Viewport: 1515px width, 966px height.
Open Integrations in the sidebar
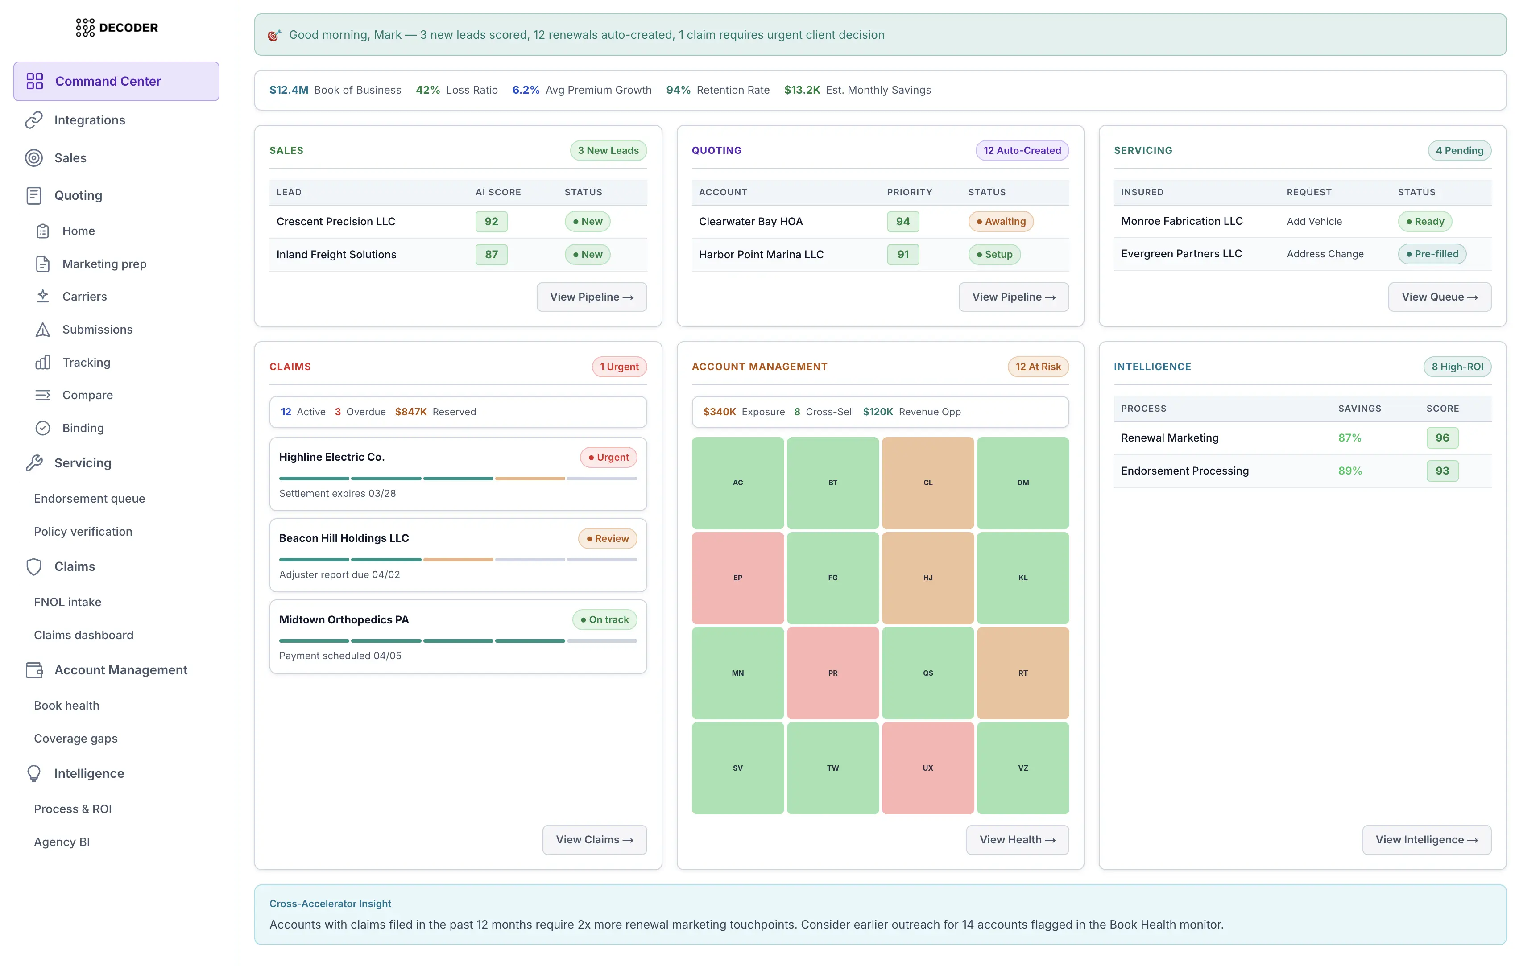point(89,120)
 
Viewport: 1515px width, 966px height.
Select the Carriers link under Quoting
point(84,296)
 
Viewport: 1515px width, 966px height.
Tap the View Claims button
point(594,840)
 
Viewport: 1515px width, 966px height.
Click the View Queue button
point(1439,297)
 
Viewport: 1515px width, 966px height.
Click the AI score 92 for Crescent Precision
point(491,221)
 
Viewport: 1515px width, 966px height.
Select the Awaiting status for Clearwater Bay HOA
point(1000,221)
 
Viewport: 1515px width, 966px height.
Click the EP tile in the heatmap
point(737,578)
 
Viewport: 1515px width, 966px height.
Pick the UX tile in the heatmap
point(927,768)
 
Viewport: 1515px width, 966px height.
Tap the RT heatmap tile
point(1022,673)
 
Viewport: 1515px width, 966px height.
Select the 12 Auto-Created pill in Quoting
point(1021,150)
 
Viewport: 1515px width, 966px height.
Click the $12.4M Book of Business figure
point(289,90)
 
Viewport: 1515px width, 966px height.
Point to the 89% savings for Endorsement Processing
point(1349,471)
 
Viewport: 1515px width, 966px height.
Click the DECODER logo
point(117,28)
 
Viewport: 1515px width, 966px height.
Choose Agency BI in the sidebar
point(62,842)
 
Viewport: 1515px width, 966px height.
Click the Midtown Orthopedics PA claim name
point(344,619)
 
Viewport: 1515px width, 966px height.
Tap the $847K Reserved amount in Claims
point(410,412)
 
